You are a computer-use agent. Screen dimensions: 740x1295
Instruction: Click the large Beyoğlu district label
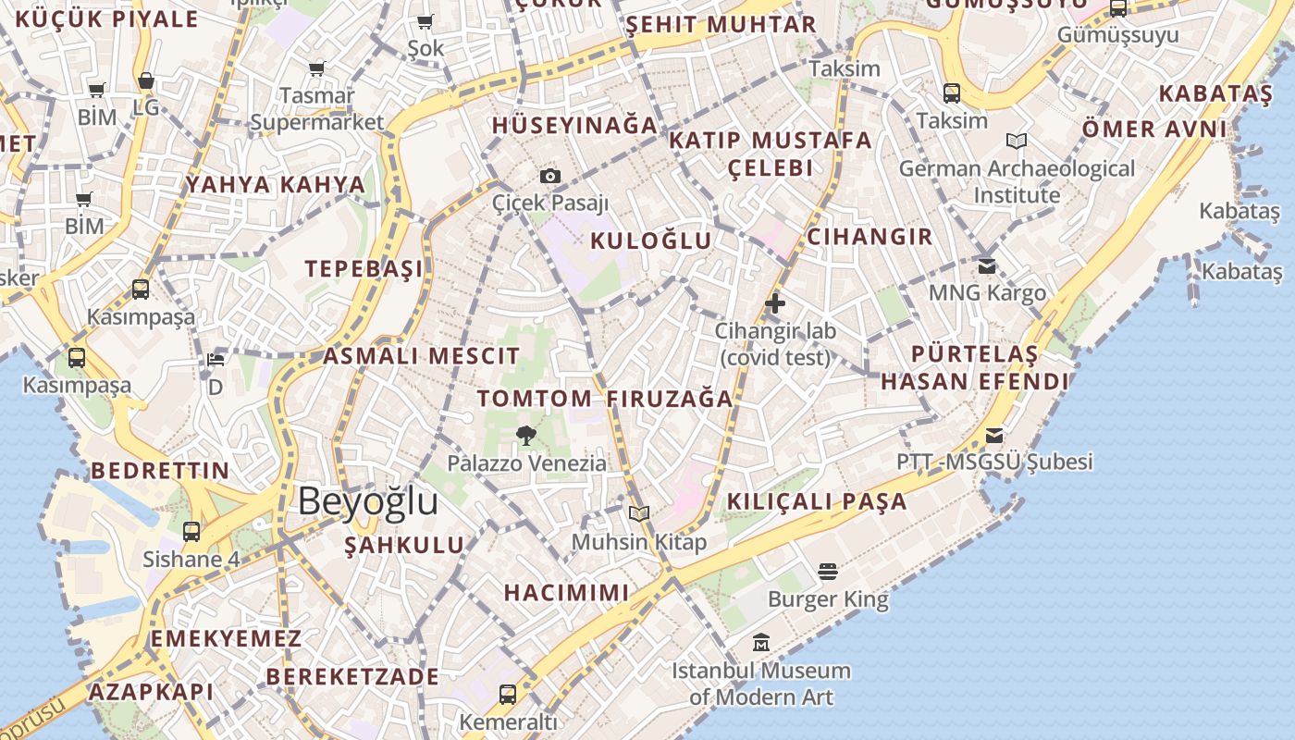367,500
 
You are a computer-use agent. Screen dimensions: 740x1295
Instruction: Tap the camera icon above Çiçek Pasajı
550,176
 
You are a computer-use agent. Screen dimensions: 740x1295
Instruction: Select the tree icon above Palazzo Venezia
526,435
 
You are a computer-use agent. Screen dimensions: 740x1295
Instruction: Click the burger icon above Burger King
828,572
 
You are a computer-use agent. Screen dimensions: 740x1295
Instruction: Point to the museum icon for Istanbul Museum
760,642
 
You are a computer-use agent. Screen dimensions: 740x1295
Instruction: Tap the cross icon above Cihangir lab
775,302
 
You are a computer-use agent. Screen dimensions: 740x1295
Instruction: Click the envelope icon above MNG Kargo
987,265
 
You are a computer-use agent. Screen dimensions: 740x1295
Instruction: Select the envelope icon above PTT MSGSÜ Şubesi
994,434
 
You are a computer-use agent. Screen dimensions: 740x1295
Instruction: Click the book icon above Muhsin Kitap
638,513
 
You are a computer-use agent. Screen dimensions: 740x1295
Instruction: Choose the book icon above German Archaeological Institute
1017,142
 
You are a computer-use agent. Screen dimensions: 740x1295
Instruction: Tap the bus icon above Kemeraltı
508,694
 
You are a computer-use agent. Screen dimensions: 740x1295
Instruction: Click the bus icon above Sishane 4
191,532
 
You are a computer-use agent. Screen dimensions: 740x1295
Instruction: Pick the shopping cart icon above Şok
425,21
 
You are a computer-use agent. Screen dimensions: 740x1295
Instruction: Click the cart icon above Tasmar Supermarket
316,68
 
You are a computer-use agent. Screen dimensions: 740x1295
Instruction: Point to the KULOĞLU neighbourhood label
651,241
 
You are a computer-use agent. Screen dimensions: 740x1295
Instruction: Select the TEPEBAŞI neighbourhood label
364,269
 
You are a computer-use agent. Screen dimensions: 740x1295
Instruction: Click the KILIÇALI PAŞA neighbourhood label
817,501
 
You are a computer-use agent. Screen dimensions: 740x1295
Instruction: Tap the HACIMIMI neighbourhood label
566,592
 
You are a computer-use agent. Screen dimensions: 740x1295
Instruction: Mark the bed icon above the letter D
216,359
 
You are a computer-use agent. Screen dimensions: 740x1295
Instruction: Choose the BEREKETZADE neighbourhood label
352,676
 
